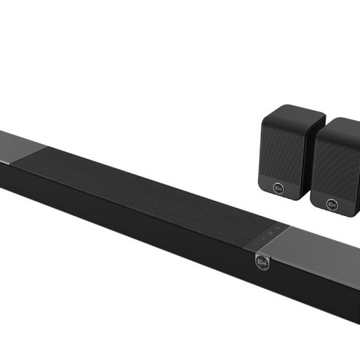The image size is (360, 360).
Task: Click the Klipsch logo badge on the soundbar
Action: (x=261, y=261)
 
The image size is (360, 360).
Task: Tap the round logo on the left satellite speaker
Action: (x=279, y=189)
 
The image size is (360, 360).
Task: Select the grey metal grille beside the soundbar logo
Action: (x=312, y=256)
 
